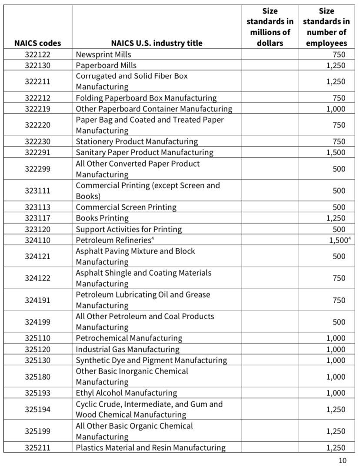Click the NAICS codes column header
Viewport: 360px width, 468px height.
pyautogui.click(x=37, y=43)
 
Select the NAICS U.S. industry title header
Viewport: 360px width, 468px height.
pyautogui.click(x=157, y=43)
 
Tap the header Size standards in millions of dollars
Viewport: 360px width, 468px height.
pyautogui.click(x=270, y=27)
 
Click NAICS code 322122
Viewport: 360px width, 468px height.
pyautogui.click(x=37, y=54)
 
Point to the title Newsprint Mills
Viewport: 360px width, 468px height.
pyautogui.click(x=103, y=54)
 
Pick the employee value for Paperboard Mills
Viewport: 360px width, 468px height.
pyautogui.click(x=336, y=65)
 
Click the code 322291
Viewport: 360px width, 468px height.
pyautogui.click(x=37, y=153)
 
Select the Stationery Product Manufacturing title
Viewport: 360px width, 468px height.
pyautogui.click(x=137, y=141)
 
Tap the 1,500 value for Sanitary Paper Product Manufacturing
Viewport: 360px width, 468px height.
pyautogui.click(x=336, y=153)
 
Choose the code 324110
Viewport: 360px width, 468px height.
pyautogui.click(x=37, y=240)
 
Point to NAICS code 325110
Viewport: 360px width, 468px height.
pyautogui.click(x=37, y=338)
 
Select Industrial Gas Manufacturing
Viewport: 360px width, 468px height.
pyautogui.click(x=127, y=349)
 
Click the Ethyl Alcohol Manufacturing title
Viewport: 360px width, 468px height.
pyautogui.click(x=126, y=393)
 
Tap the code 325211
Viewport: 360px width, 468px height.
pyautogui.click(x=37, y=448)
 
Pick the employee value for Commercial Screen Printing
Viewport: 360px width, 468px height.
pyautogui.click(x=339, y=207)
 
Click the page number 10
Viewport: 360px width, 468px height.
pyautogui.click(x=343, y=461)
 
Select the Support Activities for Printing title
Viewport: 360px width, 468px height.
pyautogui.click(x=129, y=229)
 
